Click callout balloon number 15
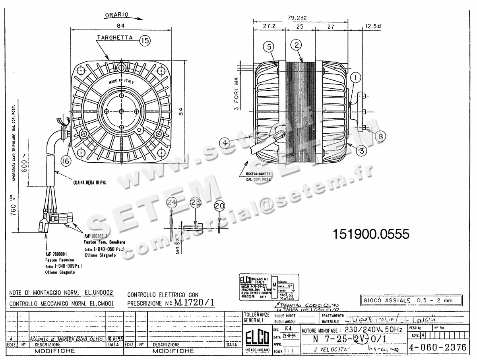pos(145,40)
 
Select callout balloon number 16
pos(66,161)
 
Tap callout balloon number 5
pos(269,47)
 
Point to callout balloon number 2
pos(296,45)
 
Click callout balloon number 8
pos(380,136)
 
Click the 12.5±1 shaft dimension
pos(373,27)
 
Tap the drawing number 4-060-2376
pos(438,347)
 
